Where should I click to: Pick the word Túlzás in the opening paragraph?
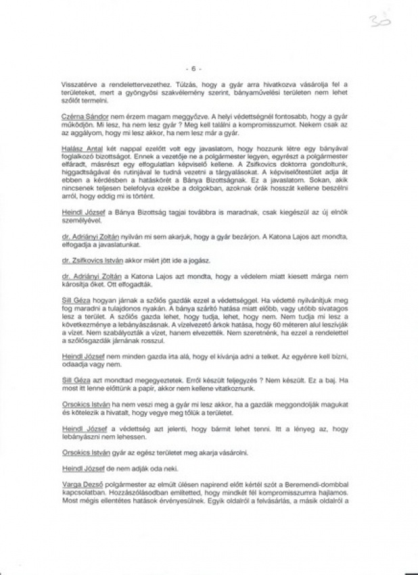pos(166,80)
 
